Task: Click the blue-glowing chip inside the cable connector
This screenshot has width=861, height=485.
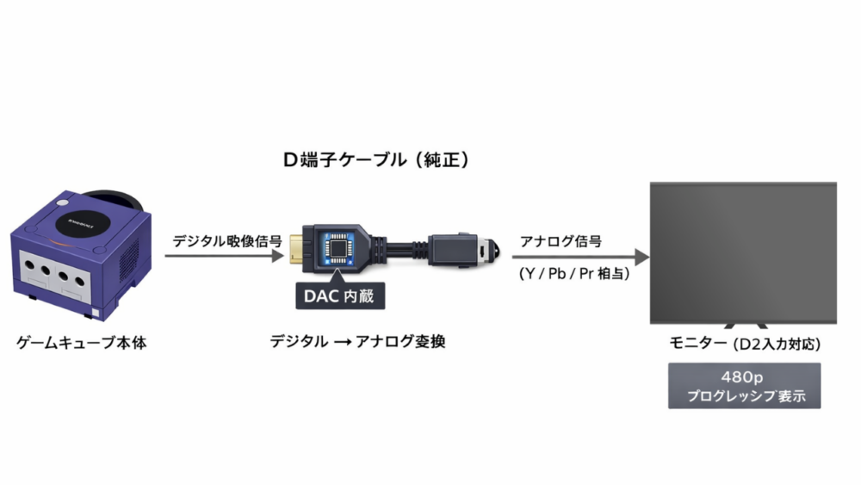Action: point(339,247)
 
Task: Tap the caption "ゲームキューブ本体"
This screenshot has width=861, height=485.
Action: point(82,343)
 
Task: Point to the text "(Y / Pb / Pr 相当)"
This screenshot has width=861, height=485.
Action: point(573,275)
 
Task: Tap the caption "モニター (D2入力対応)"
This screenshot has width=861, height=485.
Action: point(745,344)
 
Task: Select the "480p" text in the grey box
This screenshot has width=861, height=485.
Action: point(745,377)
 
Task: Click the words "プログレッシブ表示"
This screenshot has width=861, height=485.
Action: point(745,397)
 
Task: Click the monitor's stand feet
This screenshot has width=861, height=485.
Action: point(745,326)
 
